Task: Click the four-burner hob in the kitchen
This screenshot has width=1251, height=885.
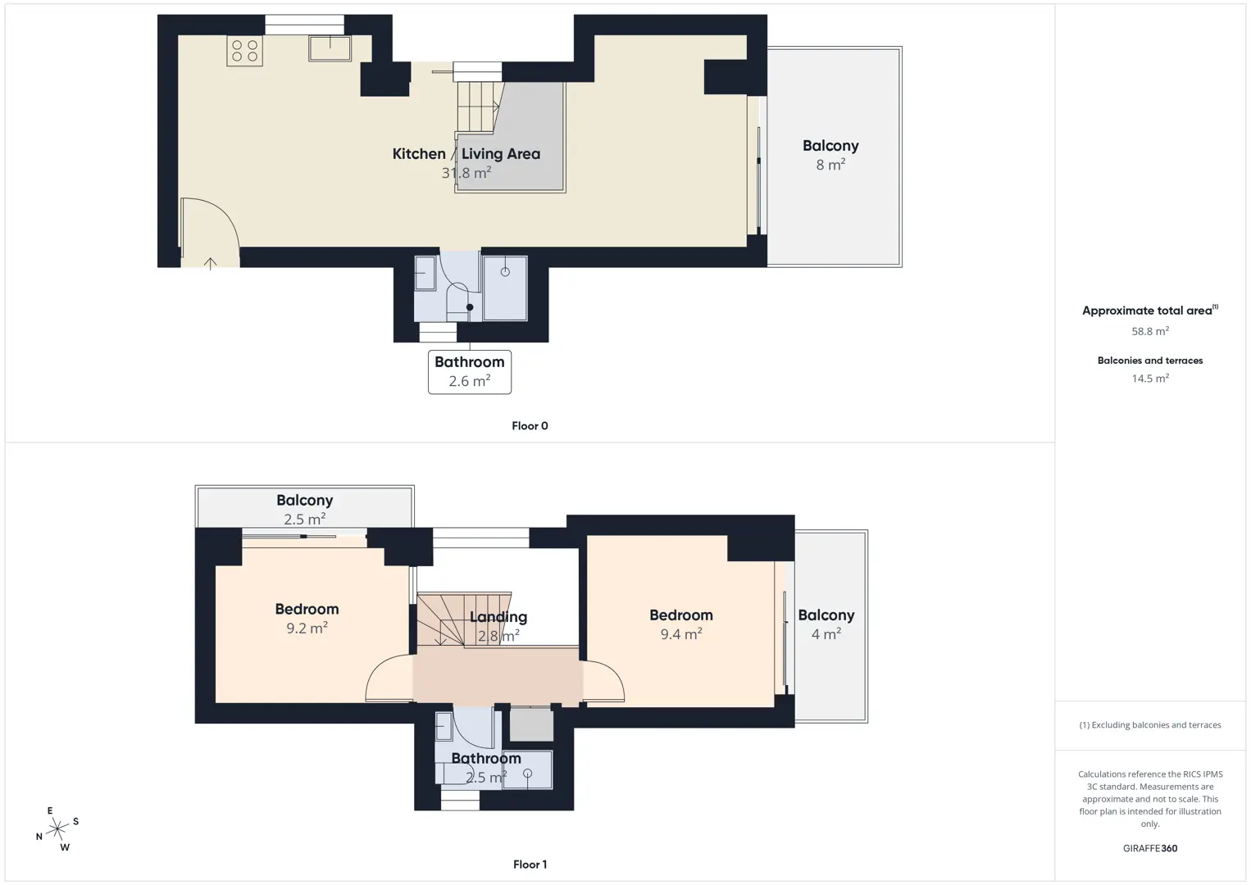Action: click(244, 51)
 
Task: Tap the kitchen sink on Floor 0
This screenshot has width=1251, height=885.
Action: click(330, 48)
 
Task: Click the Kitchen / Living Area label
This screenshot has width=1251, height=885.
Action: click(466, 153)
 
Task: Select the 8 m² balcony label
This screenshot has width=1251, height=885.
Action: click(830, 155)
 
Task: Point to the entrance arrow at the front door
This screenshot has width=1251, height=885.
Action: click(210, 264)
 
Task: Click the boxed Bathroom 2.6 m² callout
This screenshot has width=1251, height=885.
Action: click(470, 372)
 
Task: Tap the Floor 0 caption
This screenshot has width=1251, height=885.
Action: click(530, 426)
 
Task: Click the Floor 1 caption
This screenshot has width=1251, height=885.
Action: click(530, 865)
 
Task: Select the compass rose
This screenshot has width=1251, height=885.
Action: click(57, 829)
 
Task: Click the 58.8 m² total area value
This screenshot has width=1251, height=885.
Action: click(1150, 331)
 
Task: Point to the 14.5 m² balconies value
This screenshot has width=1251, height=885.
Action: click(1150, 378)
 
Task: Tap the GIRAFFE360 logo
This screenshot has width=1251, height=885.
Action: click(1150, 848)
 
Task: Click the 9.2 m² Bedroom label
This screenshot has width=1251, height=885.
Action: click(307, 619)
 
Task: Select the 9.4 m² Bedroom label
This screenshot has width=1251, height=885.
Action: click(681, 624)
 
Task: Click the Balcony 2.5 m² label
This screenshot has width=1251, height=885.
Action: click(305, 509)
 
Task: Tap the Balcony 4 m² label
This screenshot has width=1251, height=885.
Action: click(826, 624)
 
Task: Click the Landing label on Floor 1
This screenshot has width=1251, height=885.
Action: click(498, 617)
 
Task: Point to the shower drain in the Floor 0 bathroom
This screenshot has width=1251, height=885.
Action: click(505, 272)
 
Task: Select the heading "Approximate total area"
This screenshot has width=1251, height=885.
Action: click(1147, 311)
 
